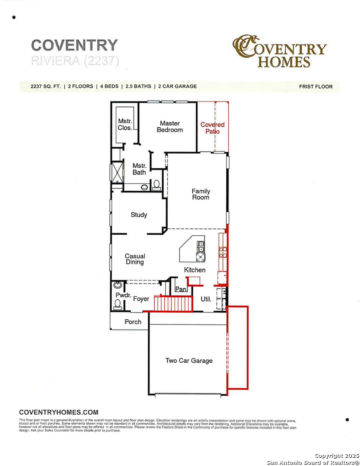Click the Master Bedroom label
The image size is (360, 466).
pyautogui.click(x=169, y=126)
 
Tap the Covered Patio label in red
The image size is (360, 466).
pyautogui.click(x=212, y=128)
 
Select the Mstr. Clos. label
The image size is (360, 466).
pyautogui.click(x=125, y=124)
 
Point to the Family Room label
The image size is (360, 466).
pyautogui.click(x=201, y=194)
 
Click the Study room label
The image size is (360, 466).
pyautogui.click(x=139, y=215)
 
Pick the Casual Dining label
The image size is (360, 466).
pyautogui.click(x=135, y=259)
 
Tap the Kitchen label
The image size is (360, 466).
pyautogui.click(x=195, y=270)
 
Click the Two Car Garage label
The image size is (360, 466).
pyautogui.click(x=189, y=360)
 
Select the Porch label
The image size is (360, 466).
pyautogui.click(x=133, y=321)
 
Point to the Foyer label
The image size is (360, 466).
pyautogui.click(x=141, y=299)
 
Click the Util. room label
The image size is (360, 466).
pyautogui.click(x=206, y=299)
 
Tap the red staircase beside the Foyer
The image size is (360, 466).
pyautogui.click(x=173, y=303)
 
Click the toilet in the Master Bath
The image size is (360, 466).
pyautogui.click(x=157, y=185)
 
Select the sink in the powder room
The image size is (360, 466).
pyautogui.click(x=118, y=285)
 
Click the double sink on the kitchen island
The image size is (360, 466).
pyautogui.click(x=201, y=246)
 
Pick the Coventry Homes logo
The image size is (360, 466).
pyautogui.click(x=279, y=51)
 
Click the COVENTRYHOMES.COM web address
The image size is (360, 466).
pyautogui.click(x=59, y=412)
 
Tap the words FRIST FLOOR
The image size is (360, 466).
pyautogui.click(x=316, y=87)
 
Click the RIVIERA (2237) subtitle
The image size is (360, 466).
pyautogui.click(x=75, y=61)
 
